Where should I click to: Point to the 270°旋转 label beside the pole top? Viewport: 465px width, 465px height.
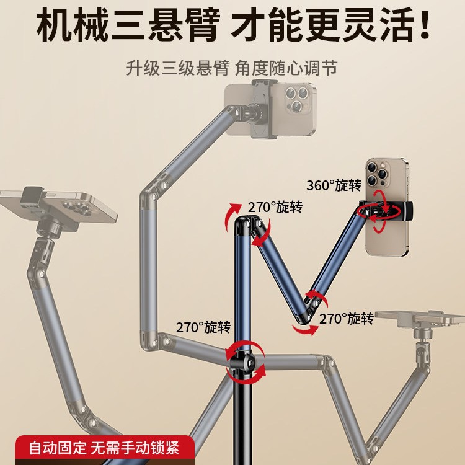coord(275,207)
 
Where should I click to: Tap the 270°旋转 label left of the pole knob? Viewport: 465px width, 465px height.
coord(202,327)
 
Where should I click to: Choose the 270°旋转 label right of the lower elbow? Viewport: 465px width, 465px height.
coord(347,319)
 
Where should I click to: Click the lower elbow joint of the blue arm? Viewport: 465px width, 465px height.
coord(308,309)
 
